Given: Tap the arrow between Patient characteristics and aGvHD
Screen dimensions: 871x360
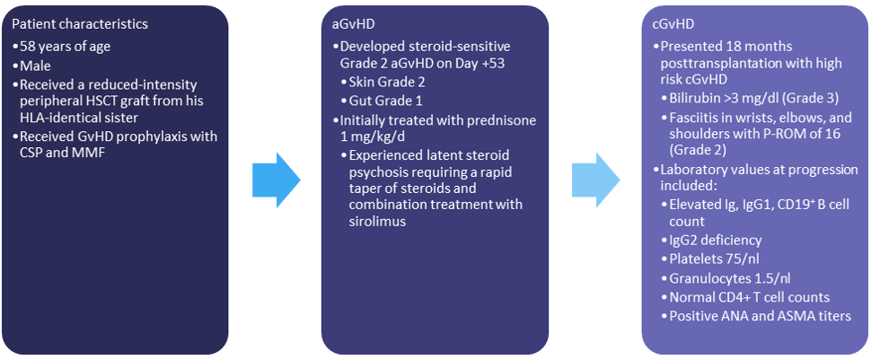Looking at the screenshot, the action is (276, 180).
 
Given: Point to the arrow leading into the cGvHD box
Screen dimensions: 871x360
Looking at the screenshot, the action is (596, 180).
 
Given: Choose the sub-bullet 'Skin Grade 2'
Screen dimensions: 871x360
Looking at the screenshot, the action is (383, 83).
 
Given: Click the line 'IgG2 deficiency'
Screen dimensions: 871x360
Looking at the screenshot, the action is (716, 240).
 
